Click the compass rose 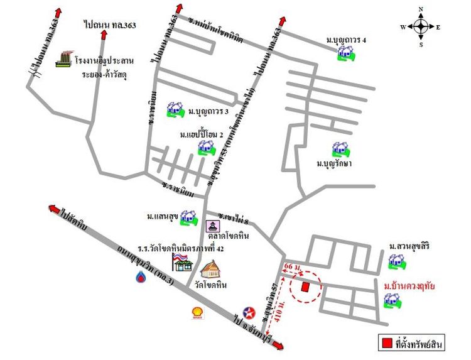[421, 26]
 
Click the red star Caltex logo [249, 313]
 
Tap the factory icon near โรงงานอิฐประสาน [63, 59]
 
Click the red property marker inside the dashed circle [305, 286]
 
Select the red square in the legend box [387, 343]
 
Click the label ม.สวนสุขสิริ [411, 245]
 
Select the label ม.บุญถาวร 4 [346, 40]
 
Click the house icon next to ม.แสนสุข [187, 217]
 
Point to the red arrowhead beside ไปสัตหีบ [55, 210]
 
